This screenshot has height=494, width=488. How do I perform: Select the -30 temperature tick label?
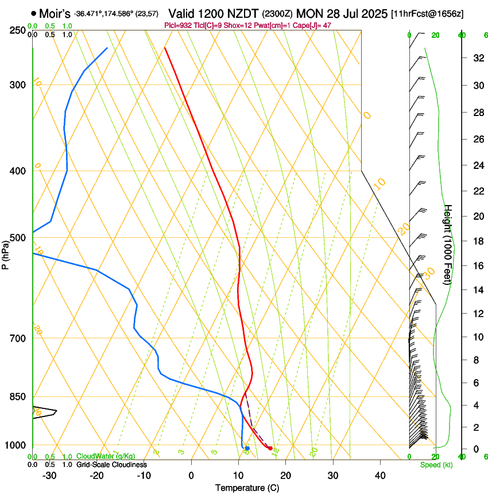pos(49,476)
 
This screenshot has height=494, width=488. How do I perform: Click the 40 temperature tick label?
pos(379,476)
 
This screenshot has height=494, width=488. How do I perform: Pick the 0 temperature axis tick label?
pos(191,476)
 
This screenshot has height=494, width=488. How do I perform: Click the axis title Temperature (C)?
pos(247,488)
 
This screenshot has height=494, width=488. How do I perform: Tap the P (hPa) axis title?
pos(6,253)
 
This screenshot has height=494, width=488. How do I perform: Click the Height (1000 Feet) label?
pos(448,244)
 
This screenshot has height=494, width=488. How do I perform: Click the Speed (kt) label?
pos(436,465)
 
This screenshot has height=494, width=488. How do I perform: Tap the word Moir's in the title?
pos(55,14)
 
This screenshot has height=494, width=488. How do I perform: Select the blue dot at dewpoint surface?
pos(247,448)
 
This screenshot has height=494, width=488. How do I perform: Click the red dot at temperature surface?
pos(270,448)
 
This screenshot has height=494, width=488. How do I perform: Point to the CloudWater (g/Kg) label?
pos(106,457)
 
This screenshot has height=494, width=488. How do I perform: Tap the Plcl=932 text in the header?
pos(178,25)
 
